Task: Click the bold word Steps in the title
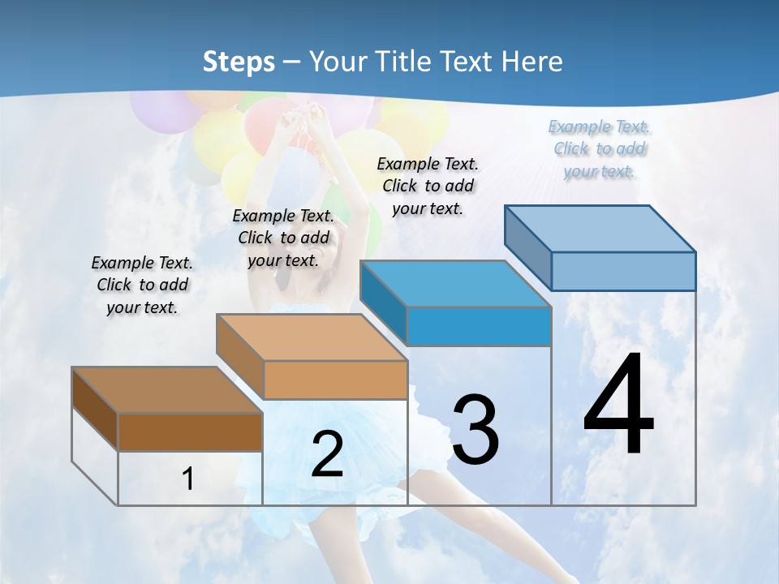[239, 62]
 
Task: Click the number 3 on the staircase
[475, 429]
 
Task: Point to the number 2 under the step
[327, 454]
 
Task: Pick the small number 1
[188, 479]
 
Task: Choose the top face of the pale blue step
[600, 229]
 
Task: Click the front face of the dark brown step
[190, 432]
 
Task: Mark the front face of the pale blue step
[623, 271]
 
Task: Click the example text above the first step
[142, 285]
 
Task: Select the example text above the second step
[283, 238]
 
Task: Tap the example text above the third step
[428, 186]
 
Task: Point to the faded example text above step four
[600, 148]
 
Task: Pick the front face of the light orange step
[335, 380]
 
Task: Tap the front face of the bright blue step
[479, 326]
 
